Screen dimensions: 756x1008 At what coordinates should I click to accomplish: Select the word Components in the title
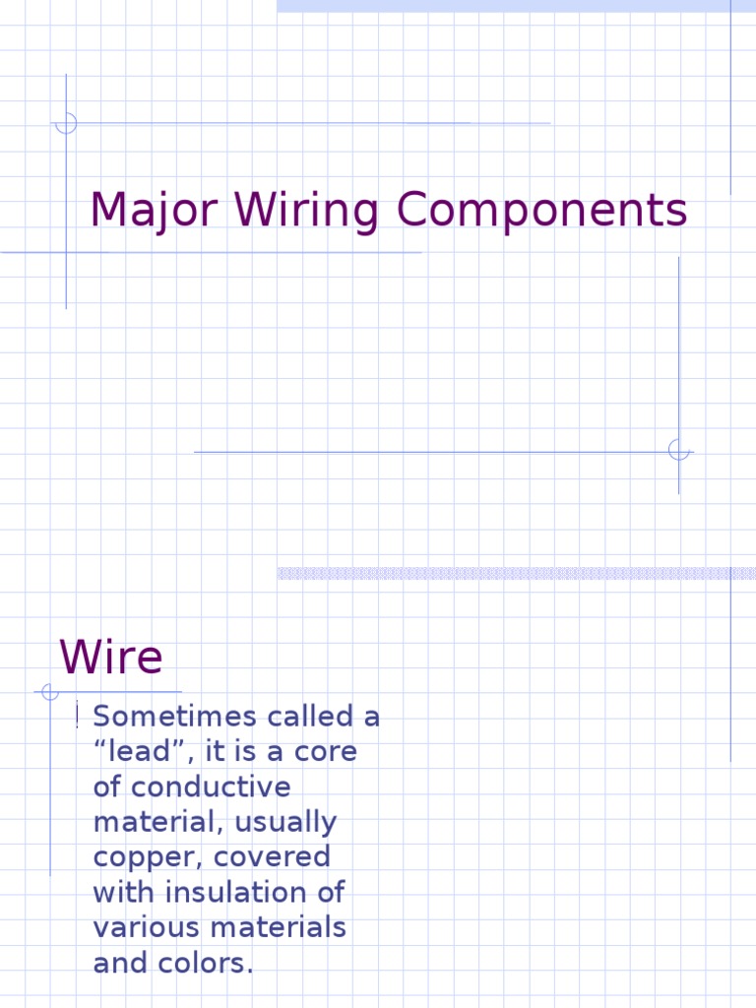(541, 212)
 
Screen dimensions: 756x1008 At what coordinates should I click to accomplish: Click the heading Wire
(110, 658)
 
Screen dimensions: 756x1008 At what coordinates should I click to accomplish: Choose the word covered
(281, 856)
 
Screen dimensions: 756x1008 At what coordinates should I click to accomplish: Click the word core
(327, 752)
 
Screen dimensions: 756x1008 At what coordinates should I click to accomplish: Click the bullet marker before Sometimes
(77, 718)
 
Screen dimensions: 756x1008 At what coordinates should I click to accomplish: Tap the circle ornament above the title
(66, 123)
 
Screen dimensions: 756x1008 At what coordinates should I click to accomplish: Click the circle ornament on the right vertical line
(678, 450)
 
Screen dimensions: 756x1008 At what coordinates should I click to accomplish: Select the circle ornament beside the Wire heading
(50, 692)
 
